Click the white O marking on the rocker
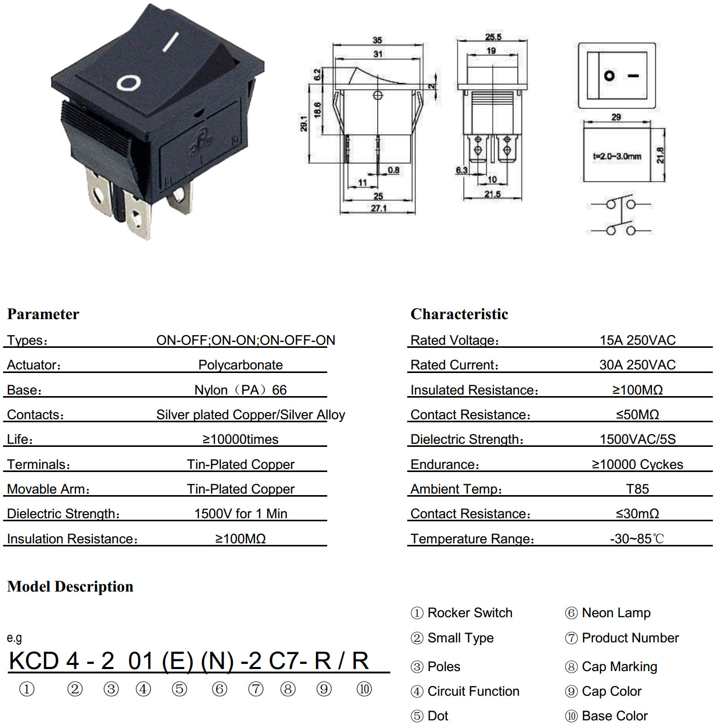tap(129, 83)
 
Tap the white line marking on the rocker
tap(170, 41)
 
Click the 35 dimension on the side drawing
tap(377, 40)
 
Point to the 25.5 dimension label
tap(493, 36)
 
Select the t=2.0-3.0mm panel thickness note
tap(616, 156)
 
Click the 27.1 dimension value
tap(378, 208)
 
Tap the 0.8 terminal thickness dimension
tap(393, 170)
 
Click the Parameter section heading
tap(43, 314)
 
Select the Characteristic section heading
tap(459, 314)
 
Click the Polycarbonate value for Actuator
tap(241, 365)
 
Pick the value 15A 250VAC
tap(637, 340)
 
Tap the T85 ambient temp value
tap(637, 488)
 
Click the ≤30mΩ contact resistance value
tap(637, 514)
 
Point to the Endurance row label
tap(445, 464)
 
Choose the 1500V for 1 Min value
tap(241, 514)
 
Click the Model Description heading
tap(70, 586)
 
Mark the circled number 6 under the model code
tap(219, 689)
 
